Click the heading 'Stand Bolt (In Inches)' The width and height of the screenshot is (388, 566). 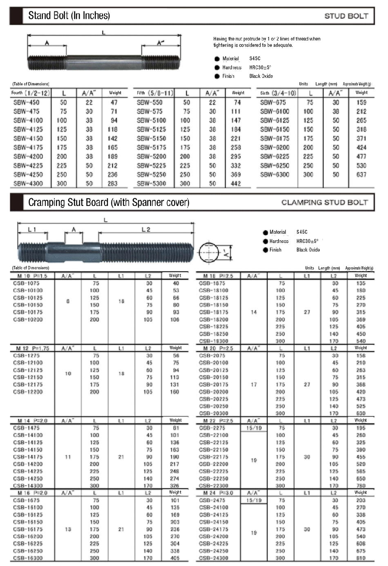pyautogui.click(x=69, y=16)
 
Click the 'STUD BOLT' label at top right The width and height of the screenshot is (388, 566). pyautogui.click(x=346, y=16)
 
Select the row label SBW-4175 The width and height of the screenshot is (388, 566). pyautogui.click(x=28, y=148)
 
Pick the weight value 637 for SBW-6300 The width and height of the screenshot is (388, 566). pyautogui.click(x=361, y=174)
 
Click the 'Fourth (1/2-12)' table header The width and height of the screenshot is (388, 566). pyautogui.click(x=31, y=93)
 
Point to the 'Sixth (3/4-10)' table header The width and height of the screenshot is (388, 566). pyautogui.click(x=278, y=93)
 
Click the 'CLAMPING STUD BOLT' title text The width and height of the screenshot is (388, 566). pyautogui.click(x=324, y=202)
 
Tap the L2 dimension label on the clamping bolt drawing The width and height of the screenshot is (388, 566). pyautogui.click(x=146, y=230)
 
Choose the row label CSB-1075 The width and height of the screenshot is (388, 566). pyautogui.click(x=27, y=283)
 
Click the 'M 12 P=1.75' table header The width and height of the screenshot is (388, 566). pyautogui.click(x=33, y=348)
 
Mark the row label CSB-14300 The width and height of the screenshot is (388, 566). pyautogui.click(x=28, y=486)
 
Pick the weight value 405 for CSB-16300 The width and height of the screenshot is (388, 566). pyautogui.click(x=175, y=558)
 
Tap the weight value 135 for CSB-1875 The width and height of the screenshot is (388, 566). pyautogui.click(x=361, y=283)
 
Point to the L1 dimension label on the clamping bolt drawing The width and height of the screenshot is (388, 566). pyautogui.click(x=32, y=230)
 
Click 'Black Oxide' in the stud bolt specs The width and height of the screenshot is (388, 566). pyautogui.click(x=261, y=76)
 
